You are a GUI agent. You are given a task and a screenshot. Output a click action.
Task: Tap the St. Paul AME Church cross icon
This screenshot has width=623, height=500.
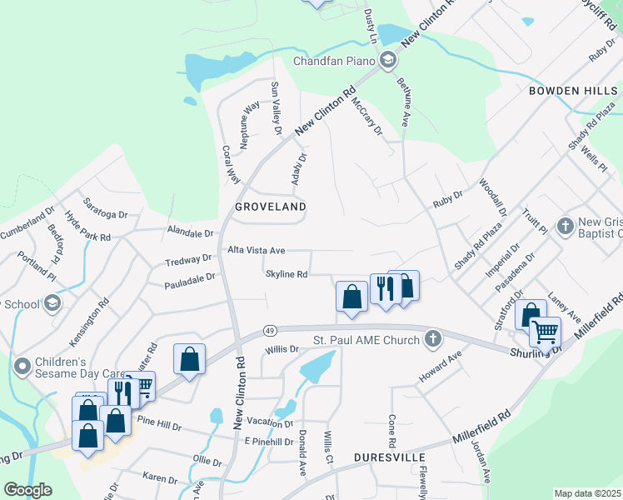[431, 338]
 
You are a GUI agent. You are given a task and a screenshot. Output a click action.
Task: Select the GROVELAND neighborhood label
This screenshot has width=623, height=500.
[270, 206]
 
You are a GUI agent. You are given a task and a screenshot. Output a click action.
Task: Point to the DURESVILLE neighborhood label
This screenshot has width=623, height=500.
[390, 457]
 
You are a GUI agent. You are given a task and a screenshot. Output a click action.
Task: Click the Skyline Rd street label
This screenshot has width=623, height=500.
[287, 274]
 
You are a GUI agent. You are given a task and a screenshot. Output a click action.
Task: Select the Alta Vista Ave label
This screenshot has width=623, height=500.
[257, 250]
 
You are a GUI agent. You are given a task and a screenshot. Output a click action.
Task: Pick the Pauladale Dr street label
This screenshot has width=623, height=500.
[191, 276]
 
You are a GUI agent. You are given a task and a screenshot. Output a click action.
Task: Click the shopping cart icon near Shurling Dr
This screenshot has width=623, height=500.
[545, 331]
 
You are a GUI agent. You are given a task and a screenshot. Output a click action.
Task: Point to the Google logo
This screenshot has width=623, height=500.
[27, 490]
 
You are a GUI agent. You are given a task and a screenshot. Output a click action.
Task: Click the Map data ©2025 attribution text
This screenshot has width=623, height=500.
[588, 493]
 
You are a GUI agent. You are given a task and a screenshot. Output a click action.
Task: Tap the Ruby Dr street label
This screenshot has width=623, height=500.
[447, 203]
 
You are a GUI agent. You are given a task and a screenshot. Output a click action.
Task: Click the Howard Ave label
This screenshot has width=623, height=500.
[440, 367]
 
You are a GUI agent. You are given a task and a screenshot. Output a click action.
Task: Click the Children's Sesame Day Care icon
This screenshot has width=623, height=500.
[22, 364]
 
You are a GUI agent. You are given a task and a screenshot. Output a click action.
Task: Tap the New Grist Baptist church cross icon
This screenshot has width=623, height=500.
[565, 226]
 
